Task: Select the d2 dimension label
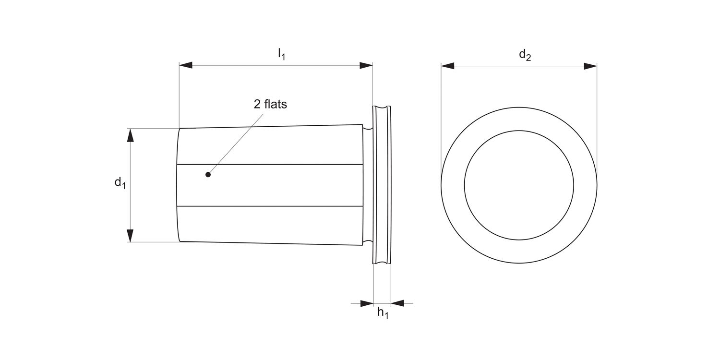pos(525,55)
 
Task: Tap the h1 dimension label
pos(383,313)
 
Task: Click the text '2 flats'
pos(270,104)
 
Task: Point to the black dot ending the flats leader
pos(208,175)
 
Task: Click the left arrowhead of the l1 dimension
pos(186,65)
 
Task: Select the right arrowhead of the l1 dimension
pos(366,65)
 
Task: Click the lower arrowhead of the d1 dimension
pos(130,236)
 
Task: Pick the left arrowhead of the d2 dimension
pos(447,66)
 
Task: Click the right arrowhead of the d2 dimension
pos(590,66)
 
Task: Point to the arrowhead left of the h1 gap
pos(367,303)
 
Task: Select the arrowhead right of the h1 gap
pos(397,303)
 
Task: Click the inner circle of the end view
pos(519,185)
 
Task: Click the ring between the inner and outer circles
pos(453,185)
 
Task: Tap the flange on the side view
pos(382,185)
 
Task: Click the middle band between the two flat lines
pos(269,185)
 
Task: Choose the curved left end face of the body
pos(178,185)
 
